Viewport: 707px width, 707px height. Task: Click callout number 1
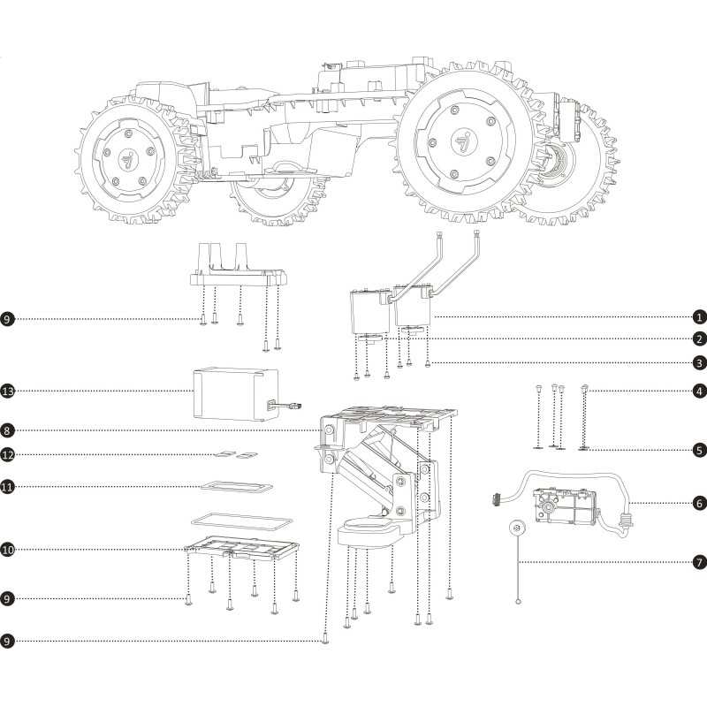click(x=699, y=317)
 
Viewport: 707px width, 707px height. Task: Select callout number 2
click(x=699, y=339)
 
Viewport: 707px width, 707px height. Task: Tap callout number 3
click(x=699, y=362)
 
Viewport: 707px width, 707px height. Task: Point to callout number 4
click(x=699, y=391)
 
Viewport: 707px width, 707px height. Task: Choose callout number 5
click(x=699, y=450)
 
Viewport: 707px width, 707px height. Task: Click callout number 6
click(x=699, y=503)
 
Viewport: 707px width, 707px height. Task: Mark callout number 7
click(x=699, y=562)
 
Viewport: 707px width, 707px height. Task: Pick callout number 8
click(x=7, y=430)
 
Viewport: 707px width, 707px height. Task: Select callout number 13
click(x=7, y=391)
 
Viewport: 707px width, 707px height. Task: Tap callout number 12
click(x=7, y=454)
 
